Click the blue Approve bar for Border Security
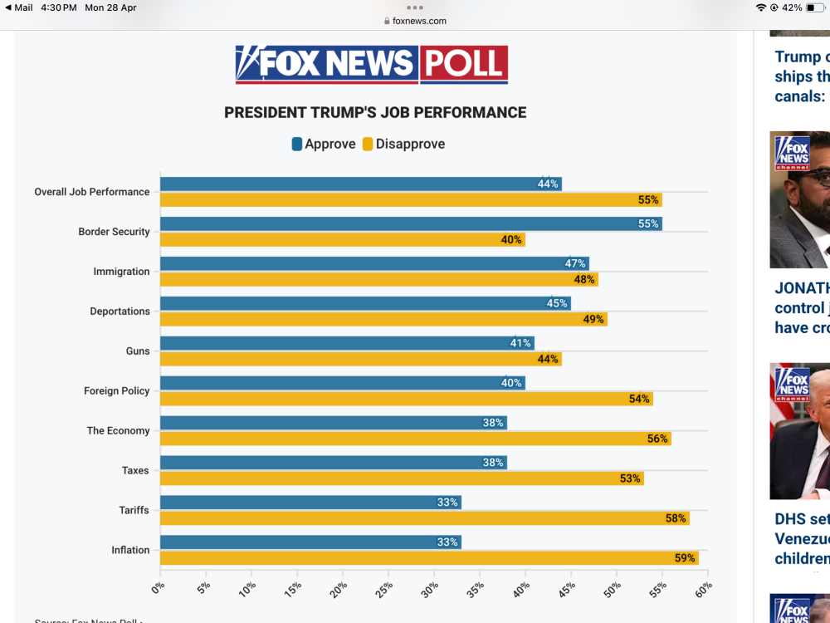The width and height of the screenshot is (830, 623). pos(410,223)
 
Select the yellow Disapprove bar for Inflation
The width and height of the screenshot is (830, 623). pos(428,558)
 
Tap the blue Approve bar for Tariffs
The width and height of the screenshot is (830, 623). pos(310,503)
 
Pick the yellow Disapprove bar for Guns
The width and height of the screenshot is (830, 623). pos(360,359)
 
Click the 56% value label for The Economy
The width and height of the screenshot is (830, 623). pos(657,439)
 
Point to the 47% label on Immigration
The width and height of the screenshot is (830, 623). pos(575,263)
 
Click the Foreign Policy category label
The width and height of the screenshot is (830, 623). pos(116,390)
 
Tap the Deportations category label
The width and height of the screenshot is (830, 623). pos(120,311)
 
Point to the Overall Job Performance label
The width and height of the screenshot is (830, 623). pos(91,192)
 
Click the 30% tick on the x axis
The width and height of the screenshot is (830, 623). pos(430,589)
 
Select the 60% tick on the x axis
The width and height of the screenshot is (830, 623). pos(704,589)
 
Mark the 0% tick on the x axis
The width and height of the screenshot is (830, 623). pos(158,589)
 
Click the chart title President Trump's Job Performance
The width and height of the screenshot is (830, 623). pos(375,112)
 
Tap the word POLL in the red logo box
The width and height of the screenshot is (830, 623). pos(463,64)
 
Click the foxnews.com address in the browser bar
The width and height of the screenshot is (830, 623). pos(419,21)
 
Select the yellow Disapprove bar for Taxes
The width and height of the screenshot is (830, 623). pos(402,478)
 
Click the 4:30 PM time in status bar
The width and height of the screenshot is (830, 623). pos(58,7)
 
